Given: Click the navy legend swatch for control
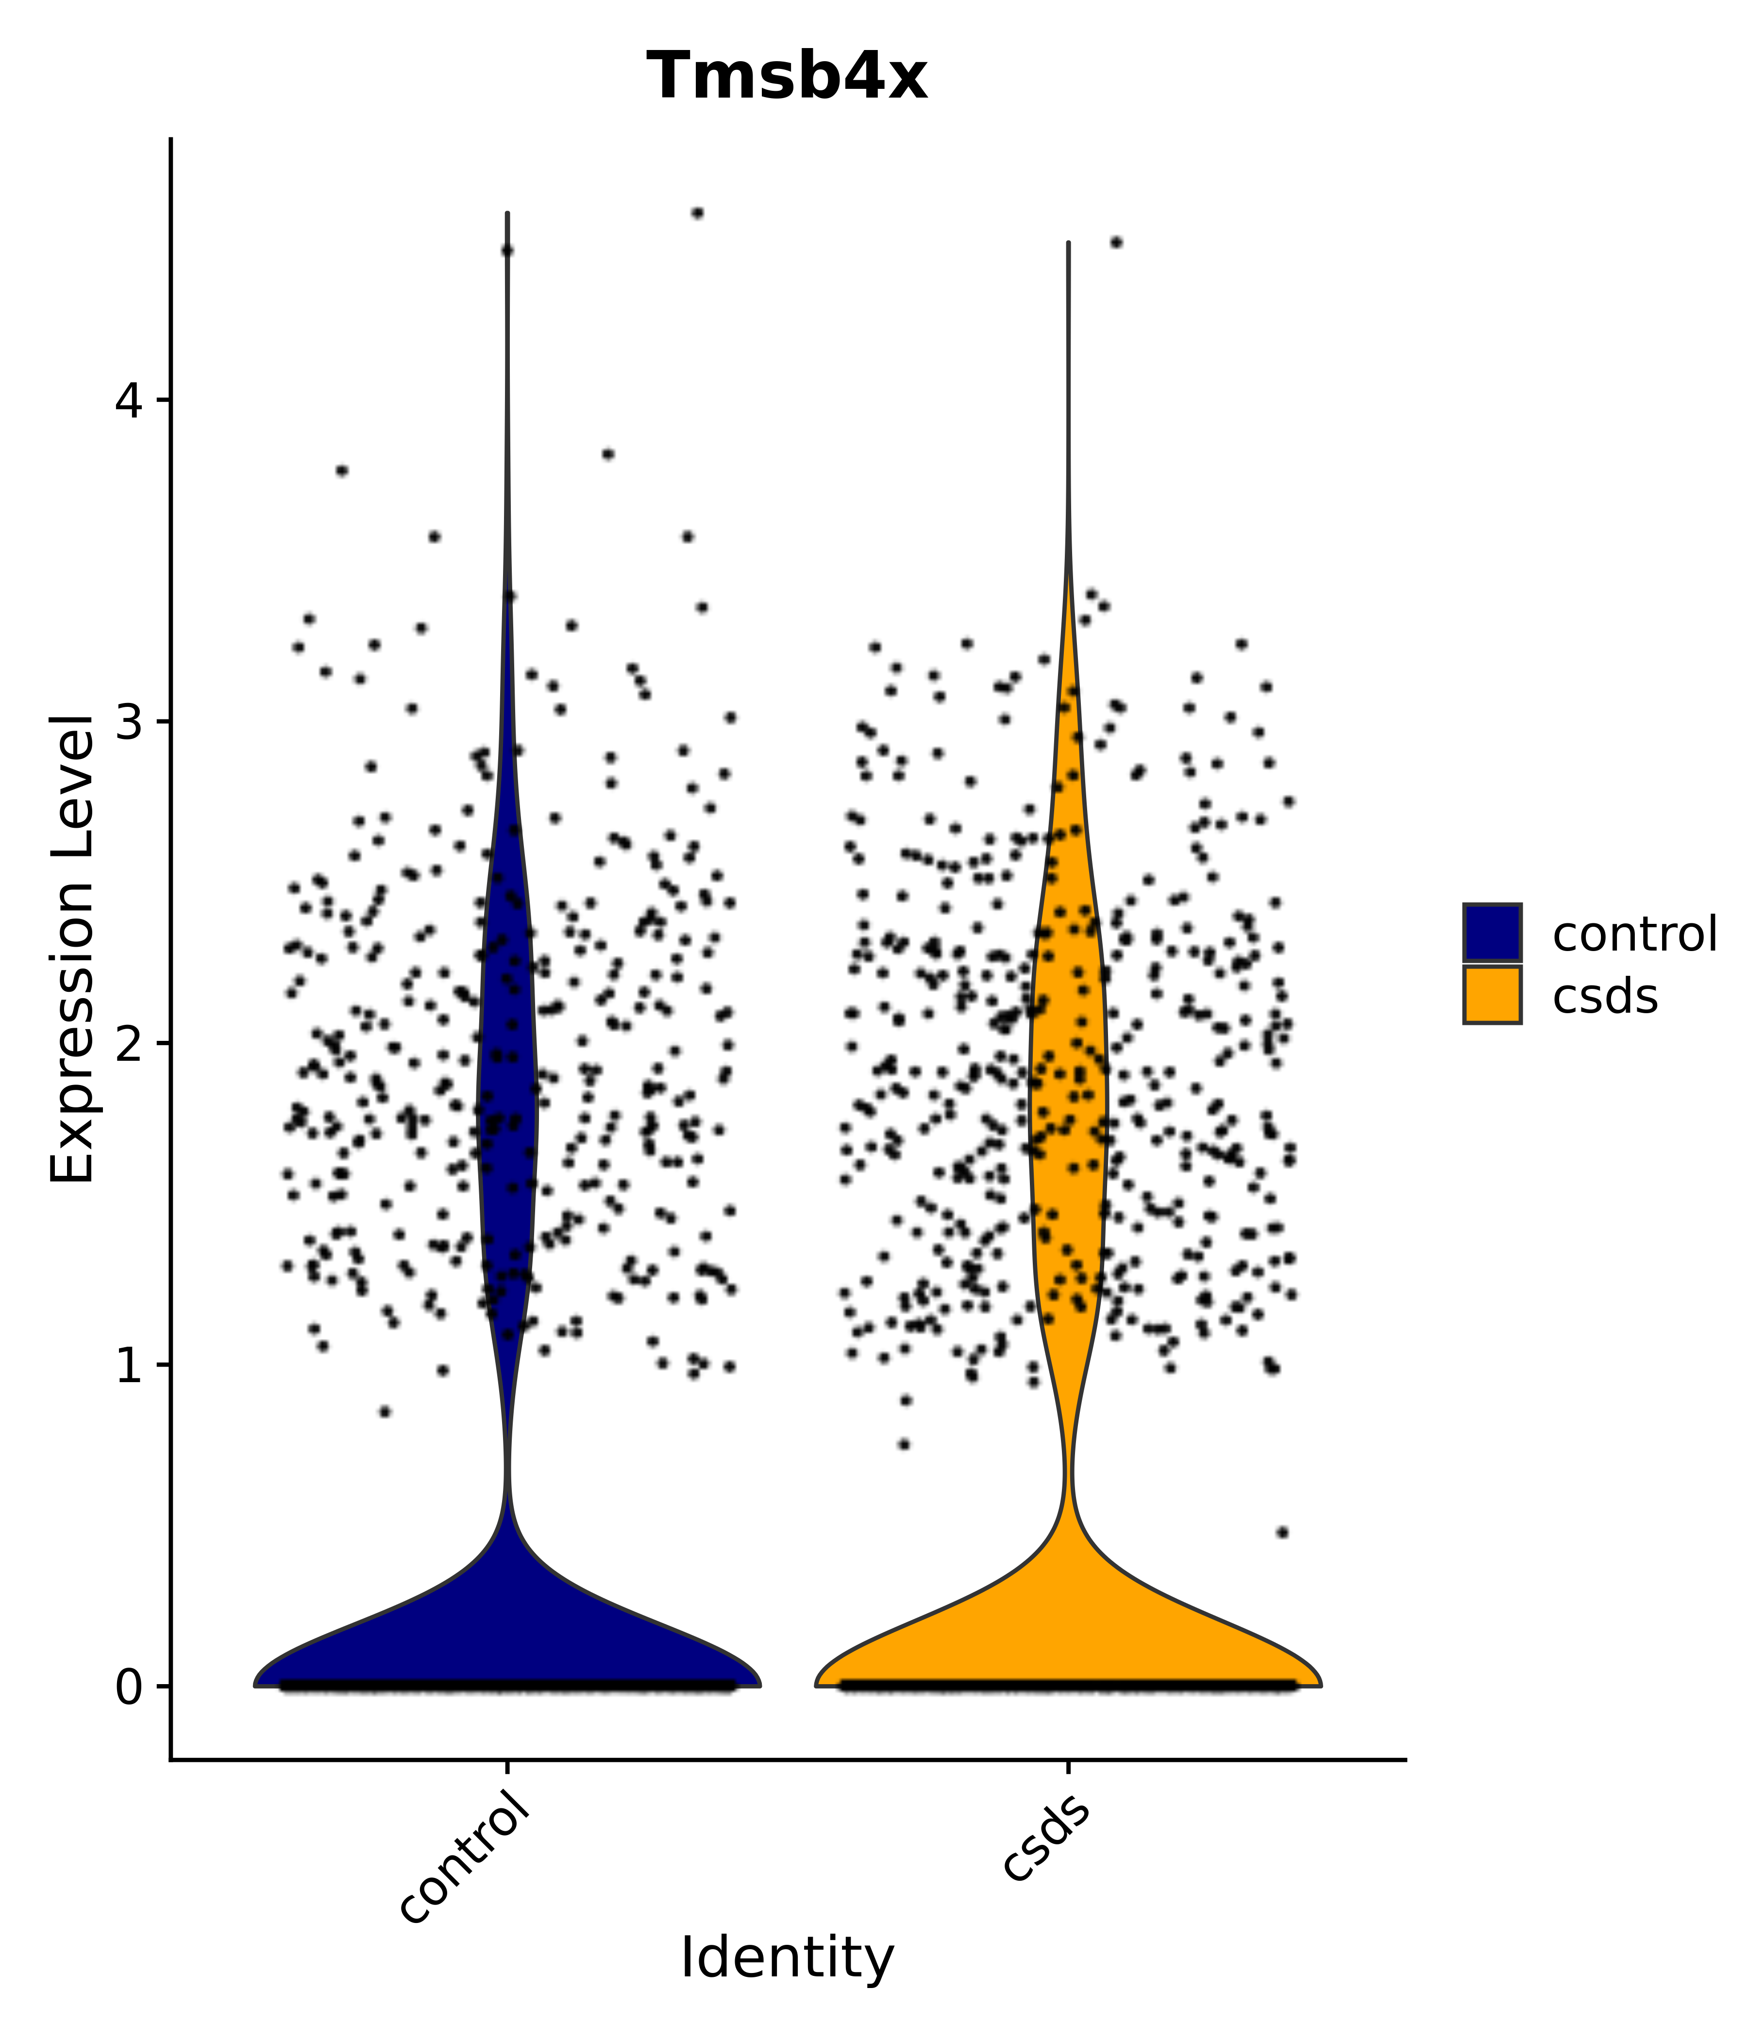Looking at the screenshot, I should click(1491, 932).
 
